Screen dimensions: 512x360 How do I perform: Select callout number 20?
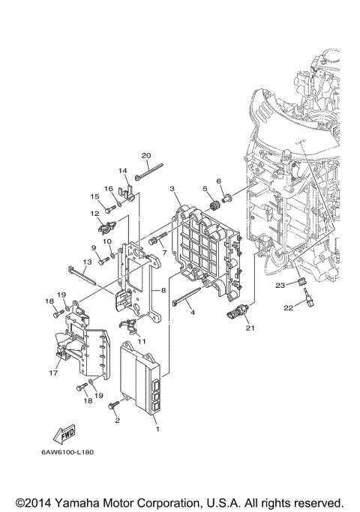[146, 156]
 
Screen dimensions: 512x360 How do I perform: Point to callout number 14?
[123, 171]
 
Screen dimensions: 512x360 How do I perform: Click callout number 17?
[53, 371]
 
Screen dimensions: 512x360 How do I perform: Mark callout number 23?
[279, 285]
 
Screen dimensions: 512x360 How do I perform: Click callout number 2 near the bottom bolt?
[116, 421]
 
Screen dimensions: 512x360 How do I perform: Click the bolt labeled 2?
[114, 406]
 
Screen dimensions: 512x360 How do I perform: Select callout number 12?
[95, 213]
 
